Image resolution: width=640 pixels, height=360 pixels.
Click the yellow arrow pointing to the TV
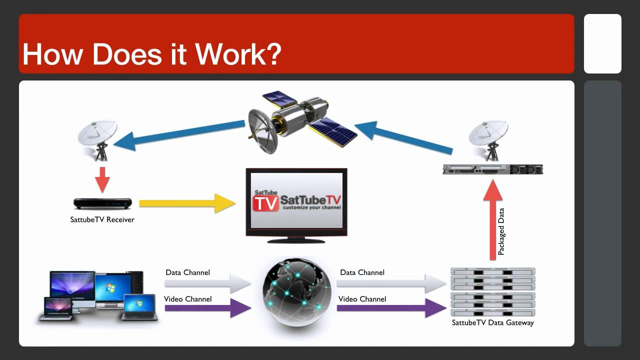point(187,203)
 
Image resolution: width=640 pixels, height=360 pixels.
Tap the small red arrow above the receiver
point(102,180)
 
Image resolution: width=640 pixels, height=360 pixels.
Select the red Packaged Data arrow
point(493,220)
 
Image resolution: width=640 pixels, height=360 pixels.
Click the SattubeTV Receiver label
point(102,219)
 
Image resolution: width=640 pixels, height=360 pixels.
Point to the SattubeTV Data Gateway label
point(493,322)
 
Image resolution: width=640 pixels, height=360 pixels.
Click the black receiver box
point(102,203)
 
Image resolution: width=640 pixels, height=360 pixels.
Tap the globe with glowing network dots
point(297,292)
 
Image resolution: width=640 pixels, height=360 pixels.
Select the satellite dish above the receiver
point(97,140)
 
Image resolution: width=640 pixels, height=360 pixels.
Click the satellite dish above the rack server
point(488,140)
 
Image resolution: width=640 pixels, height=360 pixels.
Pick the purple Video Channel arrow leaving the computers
point(208,308)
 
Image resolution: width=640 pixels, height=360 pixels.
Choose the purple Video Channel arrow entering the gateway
point(391,308)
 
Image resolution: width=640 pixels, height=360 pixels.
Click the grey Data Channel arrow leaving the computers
point(208,283)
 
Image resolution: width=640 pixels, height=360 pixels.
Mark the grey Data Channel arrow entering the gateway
point(391,283)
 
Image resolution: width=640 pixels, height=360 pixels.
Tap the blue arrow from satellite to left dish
point(179,135)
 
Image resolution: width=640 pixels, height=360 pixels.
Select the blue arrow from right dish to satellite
point(403,137)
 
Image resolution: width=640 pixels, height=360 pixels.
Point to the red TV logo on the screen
point(265,203)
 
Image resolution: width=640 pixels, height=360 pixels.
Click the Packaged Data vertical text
point(501,231)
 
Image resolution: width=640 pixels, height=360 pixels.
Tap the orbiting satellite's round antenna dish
point(263,132)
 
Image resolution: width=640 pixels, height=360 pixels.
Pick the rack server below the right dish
point(493,169)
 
